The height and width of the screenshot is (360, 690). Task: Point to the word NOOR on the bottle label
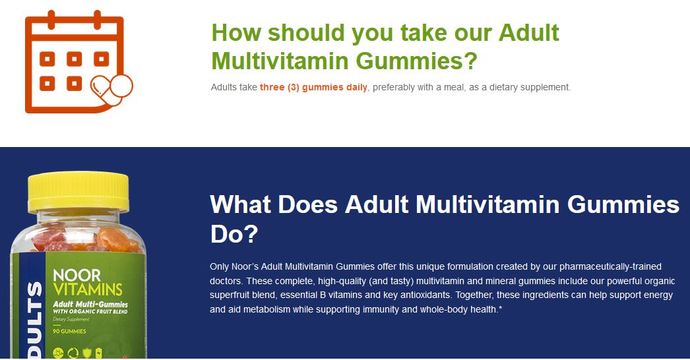pyautogui.click(x=77, y=276)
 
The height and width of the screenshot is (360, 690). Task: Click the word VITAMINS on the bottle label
pyautogui.click(x=88, y=289)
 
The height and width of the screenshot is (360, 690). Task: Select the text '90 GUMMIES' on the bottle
pyautogui.click(x=69, y=331)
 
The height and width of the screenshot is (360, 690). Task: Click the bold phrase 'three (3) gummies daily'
pyautogui.click(x=313, y=87)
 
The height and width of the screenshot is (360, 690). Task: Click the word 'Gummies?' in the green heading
pyautogui.click(x=416, y=61)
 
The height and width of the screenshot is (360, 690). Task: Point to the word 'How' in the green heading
pyautogui.click(x=237, y=32)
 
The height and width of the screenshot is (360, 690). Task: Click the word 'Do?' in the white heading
pyautogui.click(x=234, y=233)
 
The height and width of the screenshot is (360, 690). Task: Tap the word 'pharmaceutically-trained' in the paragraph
pyautogui.click(x=610, y=266)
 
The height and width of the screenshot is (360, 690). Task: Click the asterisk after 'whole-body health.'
pyautogui.click(x=500, y=308)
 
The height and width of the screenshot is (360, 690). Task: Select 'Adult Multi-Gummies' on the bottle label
pyautogui.click(x=90, y=304)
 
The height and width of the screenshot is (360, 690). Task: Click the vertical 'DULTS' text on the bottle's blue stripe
pyautogui.click(x=34, y=320)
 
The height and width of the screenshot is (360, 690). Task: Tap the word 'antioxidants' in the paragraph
pyautogui.click(x=425, y=295)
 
